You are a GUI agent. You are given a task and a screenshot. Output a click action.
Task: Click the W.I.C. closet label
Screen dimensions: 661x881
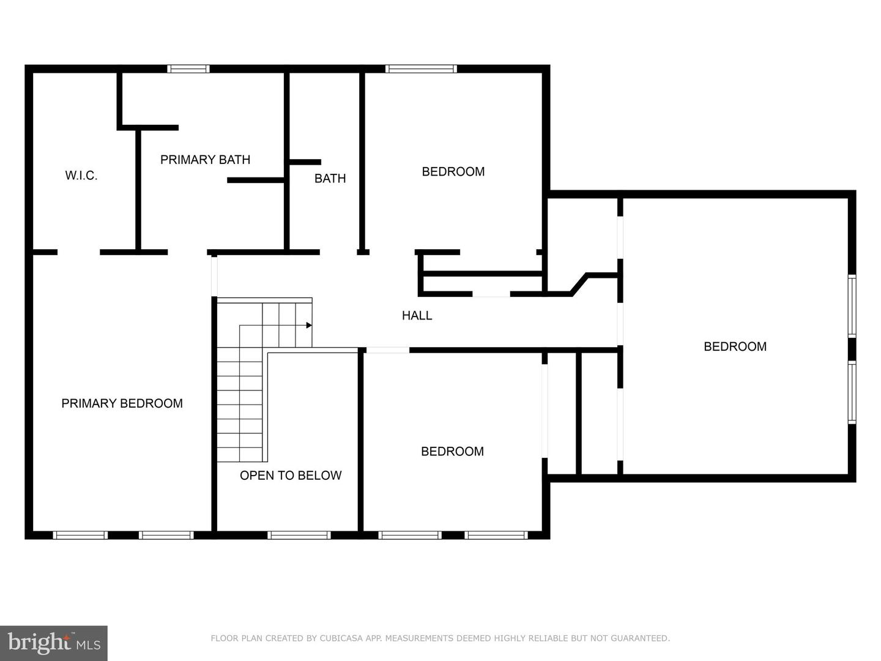click(81, 176)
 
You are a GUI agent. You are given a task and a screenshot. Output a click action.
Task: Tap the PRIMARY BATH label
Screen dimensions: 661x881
click(205, 160)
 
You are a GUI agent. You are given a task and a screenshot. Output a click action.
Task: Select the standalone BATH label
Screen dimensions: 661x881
click(330, 179)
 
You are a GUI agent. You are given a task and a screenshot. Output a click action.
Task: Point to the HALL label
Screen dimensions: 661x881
click(417, 316)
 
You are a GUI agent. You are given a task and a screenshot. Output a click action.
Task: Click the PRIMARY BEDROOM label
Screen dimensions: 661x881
click(122, 403)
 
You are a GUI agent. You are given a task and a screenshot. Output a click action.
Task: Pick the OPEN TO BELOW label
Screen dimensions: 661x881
click(290, 476)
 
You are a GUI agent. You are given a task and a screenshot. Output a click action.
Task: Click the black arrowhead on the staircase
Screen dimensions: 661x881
click(309, 325)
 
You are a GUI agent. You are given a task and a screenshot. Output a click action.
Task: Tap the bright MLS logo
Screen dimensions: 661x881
click(54, 643)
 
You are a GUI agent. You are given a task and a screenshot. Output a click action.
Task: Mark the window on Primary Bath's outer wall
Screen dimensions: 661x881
click(188, 69)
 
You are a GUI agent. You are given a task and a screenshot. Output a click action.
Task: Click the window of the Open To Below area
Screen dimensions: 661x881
click(299, 535)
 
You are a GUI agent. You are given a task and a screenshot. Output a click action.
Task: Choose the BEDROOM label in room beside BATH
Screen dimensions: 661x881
click(453, 172)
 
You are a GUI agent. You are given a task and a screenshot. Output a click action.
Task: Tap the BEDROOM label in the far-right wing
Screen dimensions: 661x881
click(735, 347)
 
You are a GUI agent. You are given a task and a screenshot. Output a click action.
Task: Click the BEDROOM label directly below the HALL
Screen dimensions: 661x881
click(452, 452)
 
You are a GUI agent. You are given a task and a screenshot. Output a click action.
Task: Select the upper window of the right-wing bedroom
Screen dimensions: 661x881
click(852, 306)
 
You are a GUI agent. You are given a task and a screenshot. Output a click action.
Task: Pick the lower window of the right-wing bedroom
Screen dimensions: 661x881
click(852, 392)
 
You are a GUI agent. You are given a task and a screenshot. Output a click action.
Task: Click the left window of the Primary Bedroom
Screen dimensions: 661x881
click(80, 535)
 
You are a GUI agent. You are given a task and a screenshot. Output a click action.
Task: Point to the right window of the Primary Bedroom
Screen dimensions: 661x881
click(166, 535)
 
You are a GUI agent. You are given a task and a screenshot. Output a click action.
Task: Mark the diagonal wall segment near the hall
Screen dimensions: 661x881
click(579, 285)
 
